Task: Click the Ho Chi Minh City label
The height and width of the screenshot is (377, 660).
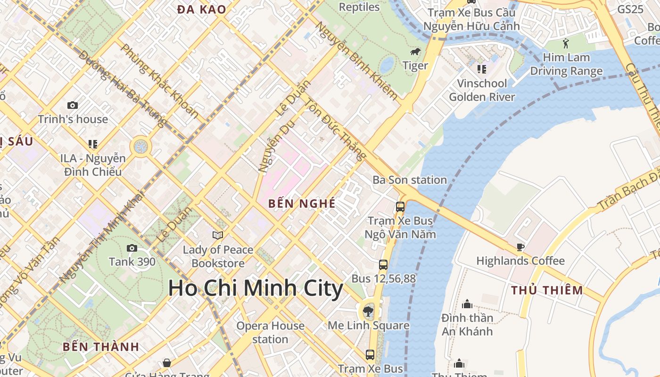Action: click(256, 288)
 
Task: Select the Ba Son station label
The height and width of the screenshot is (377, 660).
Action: click(410, 180)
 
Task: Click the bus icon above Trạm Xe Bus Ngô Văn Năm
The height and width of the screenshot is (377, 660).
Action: click(400, 206)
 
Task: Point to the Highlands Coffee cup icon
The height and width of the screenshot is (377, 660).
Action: click(520, 247)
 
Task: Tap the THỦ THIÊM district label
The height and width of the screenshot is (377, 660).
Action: click(547, 290)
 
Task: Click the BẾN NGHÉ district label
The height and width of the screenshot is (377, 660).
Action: click(302, 204)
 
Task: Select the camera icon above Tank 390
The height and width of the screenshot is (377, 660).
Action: click(132, 248)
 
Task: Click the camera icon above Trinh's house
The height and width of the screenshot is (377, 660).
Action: click(73, 105)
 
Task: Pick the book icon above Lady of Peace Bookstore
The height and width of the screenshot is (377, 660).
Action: click(218, 235)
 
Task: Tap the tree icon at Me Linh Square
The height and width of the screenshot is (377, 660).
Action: click(368, 311)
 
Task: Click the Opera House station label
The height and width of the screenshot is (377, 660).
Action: click(270, 332)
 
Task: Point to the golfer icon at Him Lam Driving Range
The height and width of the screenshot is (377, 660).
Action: click(566, 44)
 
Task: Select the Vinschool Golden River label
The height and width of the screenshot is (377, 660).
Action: click(481, 90)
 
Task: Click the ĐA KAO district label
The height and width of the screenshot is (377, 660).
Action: click(202, 9)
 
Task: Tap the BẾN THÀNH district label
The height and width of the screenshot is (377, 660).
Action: click(101, 347)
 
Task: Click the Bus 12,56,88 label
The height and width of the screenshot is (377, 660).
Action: click(384, 279)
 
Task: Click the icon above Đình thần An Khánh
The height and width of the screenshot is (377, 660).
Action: click(467, 304)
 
